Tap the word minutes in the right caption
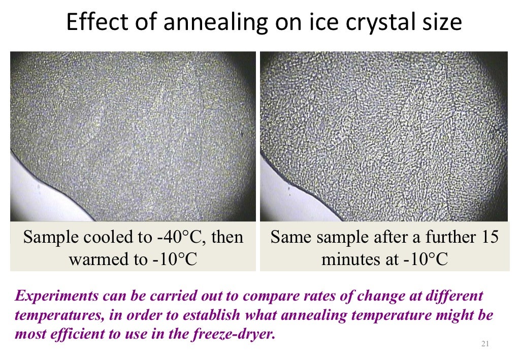point(348,259)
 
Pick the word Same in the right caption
point(288,238)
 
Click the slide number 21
point(484,345)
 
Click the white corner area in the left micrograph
point(25,198)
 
